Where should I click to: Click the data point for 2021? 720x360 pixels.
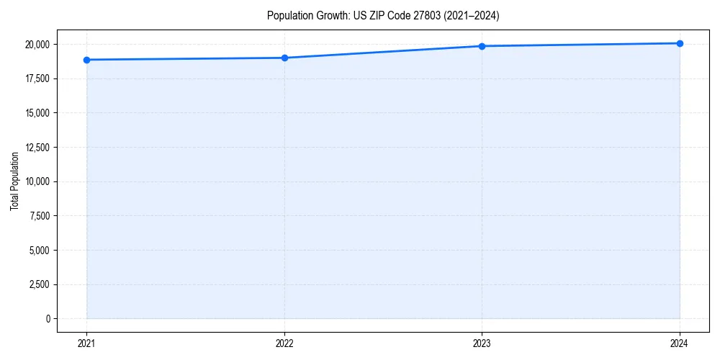click(86, 60)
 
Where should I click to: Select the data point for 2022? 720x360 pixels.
click(284, 58)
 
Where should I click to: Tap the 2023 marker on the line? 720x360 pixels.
click(482, 46)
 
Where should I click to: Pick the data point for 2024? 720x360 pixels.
click(680, 43)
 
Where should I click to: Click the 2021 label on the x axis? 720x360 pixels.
click(86, 343)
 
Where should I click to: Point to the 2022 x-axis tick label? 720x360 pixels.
click(284, 343)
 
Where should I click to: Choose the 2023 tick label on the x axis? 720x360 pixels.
click(482, 343)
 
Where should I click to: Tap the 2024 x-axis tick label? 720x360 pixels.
click(680, 343)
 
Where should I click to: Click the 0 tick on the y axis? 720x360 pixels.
click(48, 319)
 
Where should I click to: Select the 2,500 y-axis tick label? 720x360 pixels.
click(40, 284)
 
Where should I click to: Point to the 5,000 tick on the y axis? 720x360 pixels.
click(40, 251)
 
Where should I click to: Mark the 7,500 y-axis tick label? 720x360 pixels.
click(40, 216)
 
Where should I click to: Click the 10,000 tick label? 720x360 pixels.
click(37, 181)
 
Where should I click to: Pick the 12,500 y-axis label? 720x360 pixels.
click(37, 148)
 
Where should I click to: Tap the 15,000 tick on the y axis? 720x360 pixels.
click(37, 113)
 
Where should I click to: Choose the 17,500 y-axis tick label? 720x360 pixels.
click(37, 78)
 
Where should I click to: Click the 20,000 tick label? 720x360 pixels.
click(37, 45)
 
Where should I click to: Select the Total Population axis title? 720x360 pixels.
click(14, 181)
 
